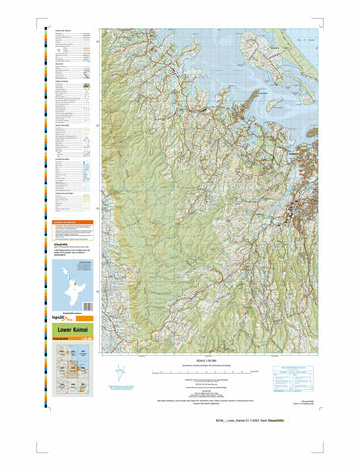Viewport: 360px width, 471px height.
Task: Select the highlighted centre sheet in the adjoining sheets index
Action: coord(65,378)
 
